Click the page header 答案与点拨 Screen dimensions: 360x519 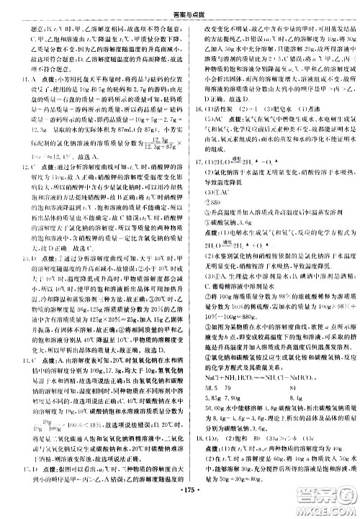pyautogui.click(x=179, y=6)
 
